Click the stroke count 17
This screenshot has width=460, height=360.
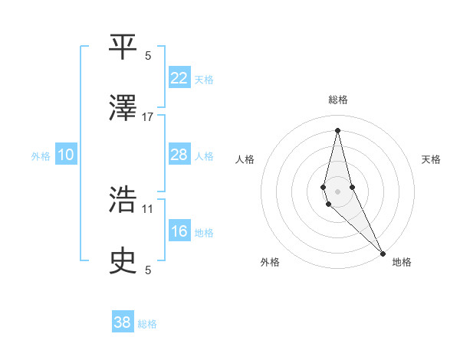[148, 116]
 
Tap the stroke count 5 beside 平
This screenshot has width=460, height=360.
[148, 55]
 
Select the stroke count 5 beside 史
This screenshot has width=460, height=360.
[148, 270]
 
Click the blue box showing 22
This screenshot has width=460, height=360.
[179, 78]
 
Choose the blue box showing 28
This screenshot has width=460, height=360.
[179, 155]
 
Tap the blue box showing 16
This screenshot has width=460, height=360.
[179, 231]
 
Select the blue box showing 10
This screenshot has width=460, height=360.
[66, 155]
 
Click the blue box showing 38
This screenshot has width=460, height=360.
[123, 322]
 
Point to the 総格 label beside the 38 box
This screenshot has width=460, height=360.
[147, 324]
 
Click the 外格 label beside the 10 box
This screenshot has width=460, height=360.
[41, 156]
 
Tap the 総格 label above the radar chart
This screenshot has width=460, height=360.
[338, 100]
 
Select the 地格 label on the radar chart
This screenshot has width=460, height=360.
[402, 263]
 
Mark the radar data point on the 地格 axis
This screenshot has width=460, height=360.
[383, 253]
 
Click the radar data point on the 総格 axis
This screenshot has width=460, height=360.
[337, 129]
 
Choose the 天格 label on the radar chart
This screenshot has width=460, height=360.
[432, 159]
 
